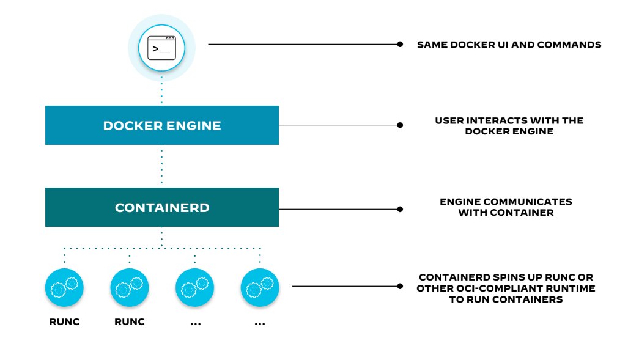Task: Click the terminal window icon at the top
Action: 161,47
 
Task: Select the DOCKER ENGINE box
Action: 161,125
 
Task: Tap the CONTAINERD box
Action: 161,208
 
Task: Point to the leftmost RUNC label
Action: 64,322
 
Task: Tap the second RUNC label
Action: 130,322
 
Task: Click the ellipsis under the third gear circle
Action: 195,323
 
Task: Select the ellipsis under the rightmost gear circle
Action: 259,323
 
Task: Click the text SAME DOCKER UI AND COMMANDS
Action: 509,45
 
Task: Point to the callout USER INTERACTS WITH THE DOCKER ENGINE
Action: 509,125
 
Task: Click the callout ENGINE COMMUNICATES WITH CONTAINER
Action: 506,207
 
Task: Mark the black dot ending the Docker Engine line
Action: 400,125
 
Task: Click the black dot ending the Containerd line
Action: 400,208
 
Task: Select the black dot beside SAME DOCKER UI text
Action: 400,44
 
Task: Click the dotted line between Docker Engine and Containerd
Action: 161,166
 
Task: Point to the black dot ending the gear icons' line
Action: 400,285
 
